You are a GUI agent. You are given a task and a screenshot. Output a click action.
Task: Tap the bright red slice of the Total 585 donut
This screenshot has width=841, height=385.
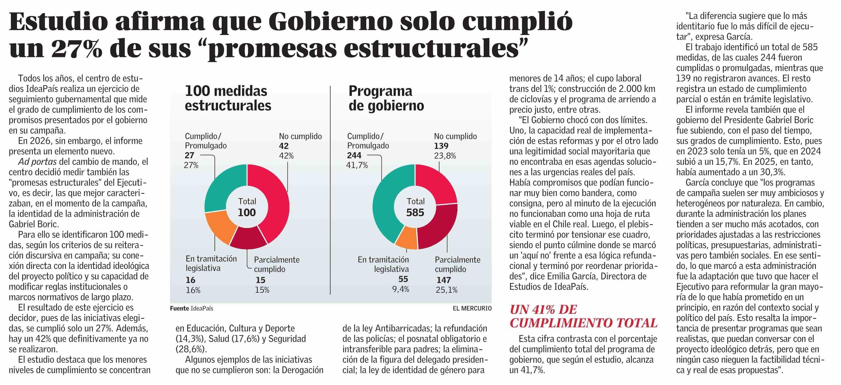coord(437,183)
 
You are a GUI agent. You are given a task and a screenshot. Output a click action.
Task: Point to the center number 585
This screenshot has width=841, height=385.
coord(415,213)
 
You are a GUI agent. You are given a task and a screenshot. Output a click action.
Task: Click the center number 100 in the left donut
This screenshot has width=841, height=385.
coord(246,213)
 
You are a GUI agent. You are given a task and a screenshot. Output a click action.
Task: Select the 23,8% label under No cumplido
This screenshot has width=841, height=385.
coord(445,156)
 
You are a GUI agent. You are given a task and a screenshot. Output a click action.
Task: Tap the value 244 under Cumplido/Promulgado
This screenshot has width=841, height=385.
coord(354,155)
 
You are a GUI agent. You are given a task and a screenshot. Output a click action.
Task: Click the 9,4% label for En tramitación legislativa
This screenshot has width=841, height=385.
coord(400,289)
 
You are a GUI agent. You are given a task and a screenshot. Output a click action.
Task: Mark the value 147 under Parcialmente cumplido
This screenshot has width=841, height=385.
coord(443,280)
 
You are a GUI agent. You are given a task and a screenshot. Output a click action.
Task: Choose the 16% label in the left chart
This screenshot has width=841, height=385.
coord(193,290)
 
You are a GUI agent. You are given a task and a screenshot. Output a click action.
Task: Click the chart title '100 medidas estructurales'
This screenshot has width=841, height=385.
coord(228,98)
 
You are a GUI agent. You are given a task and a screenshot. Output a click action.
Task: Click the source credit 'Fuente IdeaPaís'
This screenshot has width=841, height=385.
coord(191,308)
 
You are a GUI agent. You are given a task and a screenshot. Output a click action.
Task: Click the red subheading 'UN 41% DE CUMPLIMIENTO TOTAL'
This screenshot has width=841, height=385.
coord(583,316)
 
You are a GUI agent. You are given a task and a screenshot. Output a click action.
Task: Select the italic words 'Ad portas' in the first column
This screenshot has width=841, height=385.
coord(37,162)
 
